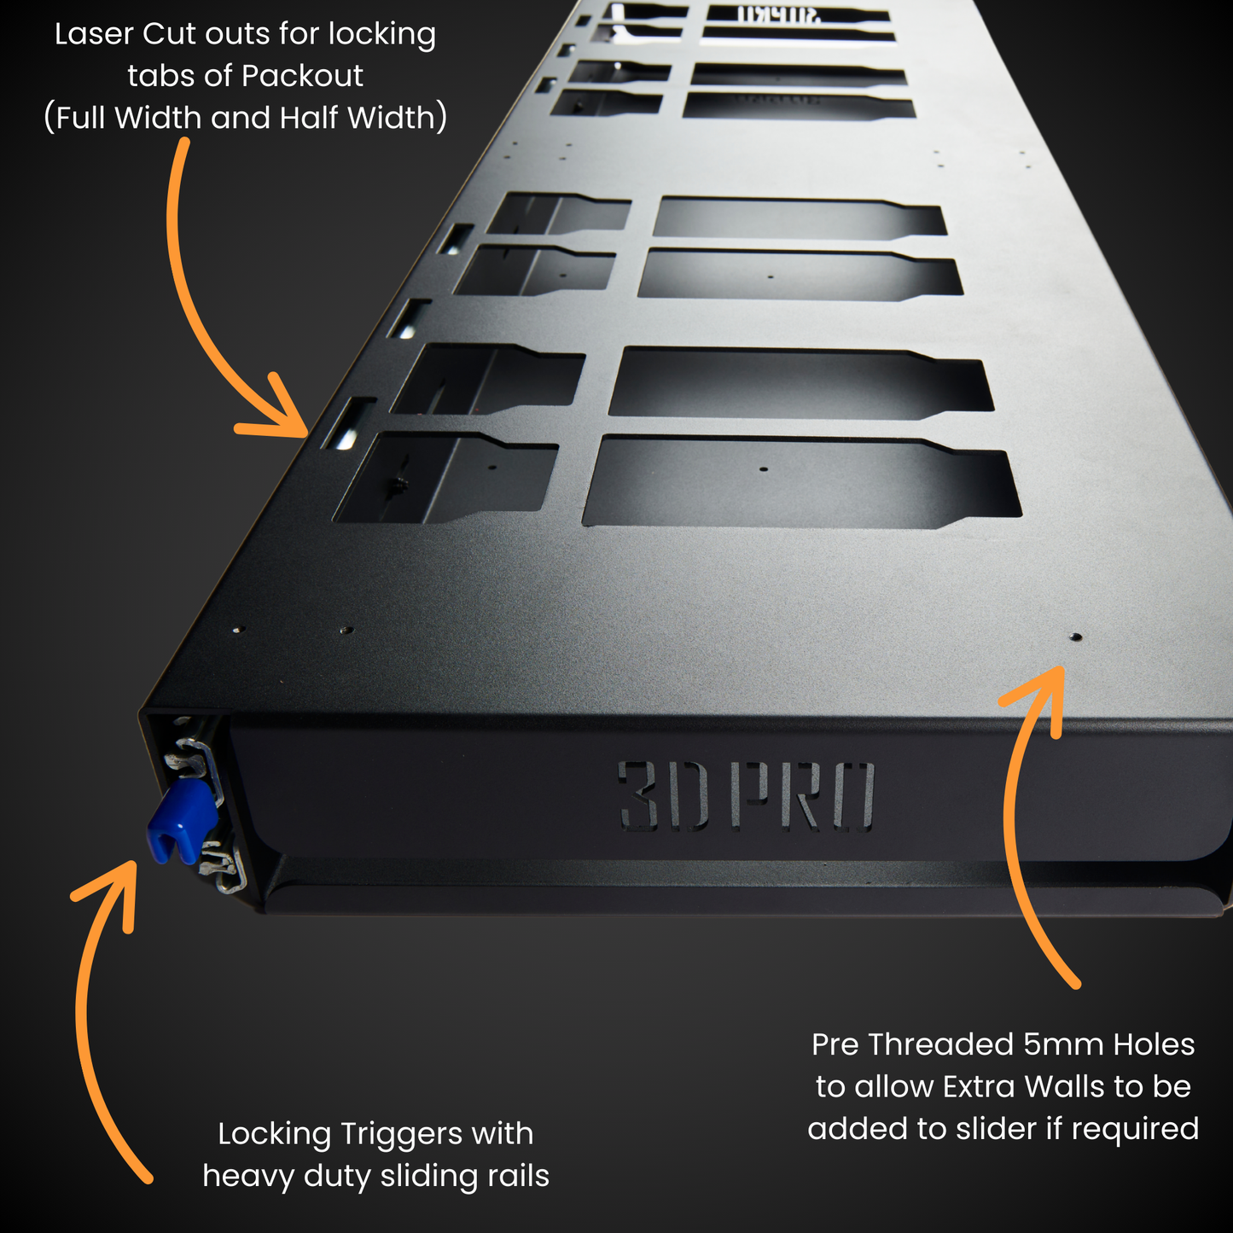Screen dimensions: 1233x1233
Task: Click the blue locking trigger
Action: (x=181, y=822)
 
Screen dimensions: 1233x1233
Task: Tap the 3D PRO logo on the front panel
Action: (x=746, y=795)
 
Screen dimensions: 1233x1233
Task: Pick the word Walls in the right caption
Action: (x=1064, y=1086)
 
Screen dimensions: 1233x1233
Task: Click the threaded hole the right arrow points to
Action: (x=1076, y=637)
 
